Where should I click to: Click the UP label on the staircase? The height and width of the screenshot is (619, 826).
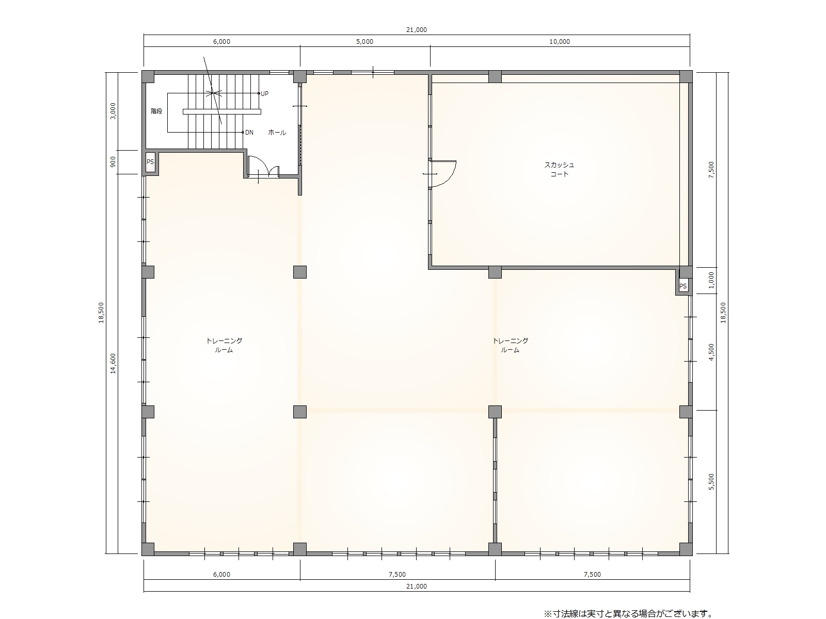coord(264,93)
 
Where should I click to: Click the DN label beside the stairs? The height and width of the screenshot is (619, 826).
coord(249,132)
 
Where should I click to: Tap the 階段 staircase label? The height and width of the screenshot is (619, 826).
coord(156,111)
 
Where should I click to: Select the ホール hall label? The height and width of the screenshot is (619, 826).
coord(277,132)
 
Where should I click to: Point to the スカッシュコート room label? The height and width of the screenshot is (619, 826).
coord(559,170)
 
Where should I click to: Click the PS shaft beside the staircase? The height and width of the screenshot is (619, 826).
coord(150,162)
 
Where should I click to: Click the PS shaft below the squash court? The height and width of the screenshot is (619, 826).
coord(683,286)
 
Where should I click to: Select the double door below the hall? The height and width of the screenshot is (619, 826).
coord(263,167)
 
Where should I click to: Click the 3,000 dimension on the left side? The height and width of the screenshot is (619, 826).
coord(113,111)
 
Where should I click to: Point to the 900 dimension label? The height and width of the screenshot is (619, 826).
coord(113,162)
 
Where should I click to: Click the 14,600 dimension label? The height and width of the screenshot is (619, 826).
coord(113,364)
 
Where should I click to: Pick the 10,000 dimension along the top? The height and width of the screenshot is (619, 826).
coord(560,42)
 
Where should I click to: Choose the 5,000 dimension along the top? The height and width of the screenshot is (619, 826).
coord(364,42)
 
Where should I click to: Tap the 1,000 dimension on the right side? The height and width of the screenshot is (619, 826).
coord(711,280)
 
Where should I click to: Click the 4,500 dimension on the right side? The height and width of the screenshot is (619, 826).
coord(711,352)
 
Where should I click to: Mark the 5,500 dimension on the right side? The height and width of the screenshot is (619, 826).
coord(711,482)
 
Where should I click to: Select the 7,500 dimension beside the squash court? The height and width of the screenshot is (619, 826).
coord(711,170)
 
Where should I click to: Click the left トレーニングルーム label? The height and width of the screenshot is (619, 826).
coord(224,346)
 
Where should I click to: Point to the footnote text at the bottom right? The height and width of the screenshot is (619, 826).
coord(628,614)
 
